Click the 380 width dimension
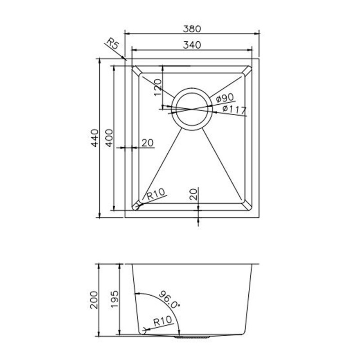(x=192, y=29)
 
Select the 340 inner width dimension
(x=192, y=45)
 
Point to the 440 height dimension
(x=94, y=138)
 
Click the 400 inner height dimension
(x=109, y=138)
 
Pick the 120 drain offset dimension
(x=158, y=87)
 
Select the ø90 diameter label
(x=225, y=98)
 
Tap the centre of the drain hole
(x=192, y=109)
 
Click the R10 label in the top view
(x=156, y=194)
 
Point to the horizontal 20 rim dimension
(x=147, y=143)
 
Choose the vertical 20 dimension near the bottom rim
(x=194, y=194)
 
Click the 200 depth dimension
(x=94, y=300)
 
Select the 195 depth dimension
(x=114, y=300)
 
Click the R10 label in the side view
(x=163, y=321)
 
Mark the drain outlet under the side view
(x=192, y=337)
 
